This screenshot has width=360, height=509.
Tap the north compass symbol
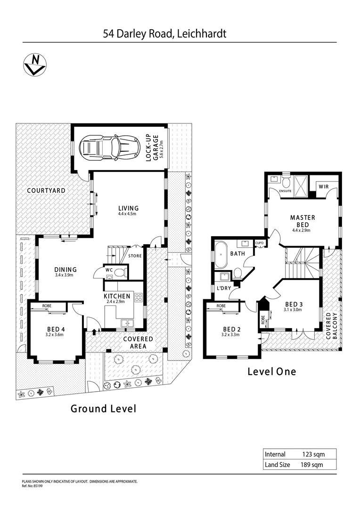34,65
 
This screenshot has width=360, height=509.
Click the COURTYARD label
46,191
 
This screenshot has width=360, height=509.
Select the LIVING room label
128,208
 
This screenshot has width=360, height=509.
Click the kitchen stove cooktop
139,297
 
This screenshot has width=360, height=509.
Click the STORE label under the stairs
135,256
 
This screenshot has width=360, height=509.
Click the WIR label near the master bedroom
324,187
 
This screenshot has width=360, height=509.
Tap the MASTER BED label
303,221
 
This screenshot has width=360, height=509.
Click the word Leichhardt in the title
201,34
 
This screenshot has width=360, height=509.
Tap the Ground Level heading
103,409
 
